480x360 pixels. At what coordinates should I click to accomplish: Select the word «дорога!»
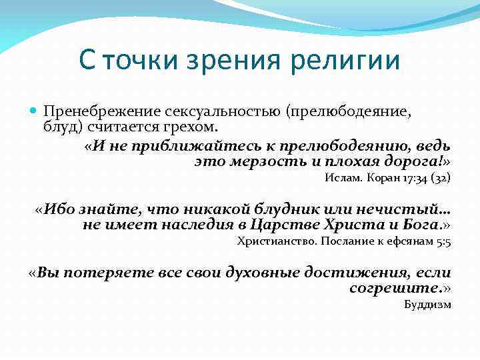pos(416,161)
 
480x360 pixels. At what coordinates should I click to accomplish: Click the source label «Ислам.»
pos(343,178)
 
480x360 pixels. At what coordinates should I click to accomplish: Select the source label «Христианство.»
pos(277,242)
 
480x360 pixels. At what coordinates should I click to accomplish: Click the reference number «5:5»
pos(444,242)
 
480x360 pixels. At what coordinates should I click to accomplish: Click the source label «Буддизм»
pos(428,305)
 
